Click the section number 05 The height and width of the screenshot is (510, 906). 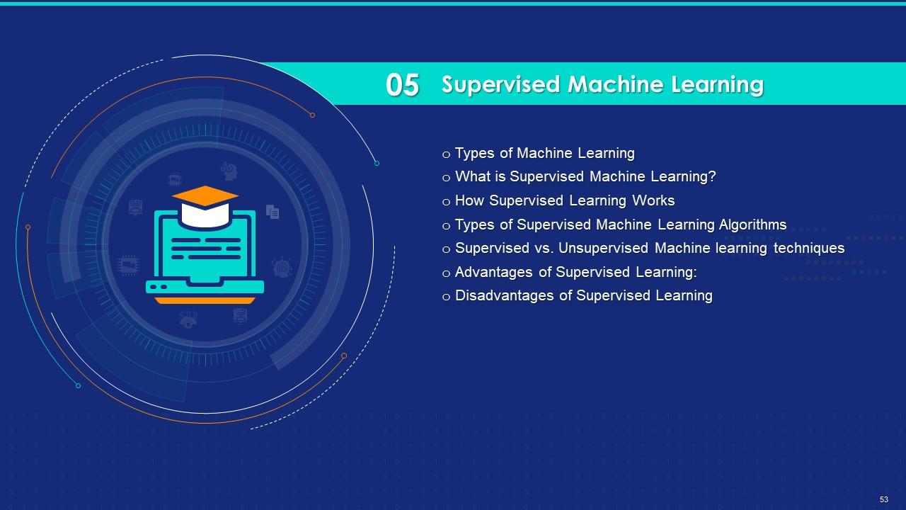(402, 85)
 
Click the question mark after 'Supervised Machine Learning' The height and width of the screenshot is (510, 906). (712, 176)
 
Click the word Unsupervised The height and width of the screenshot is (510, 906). (603, 248)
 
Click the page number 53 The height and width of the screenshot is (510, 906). (884, 499)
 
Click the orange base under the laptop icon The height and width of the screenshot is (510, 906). (205, 300)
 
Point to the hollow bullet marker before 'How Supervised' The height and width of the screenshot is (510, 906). (446, 202)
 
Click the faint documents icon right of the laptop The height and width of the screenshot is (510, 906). (273, 211)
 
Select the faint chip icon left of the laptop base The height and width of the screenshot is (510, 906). (129, 266)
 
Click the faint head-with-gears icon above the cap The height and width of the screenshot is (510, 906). (229, 171)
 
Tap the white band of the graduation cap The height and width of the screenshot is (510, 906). (205, 215)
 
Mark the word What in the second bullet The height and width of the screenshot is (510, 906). (470, 176)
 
